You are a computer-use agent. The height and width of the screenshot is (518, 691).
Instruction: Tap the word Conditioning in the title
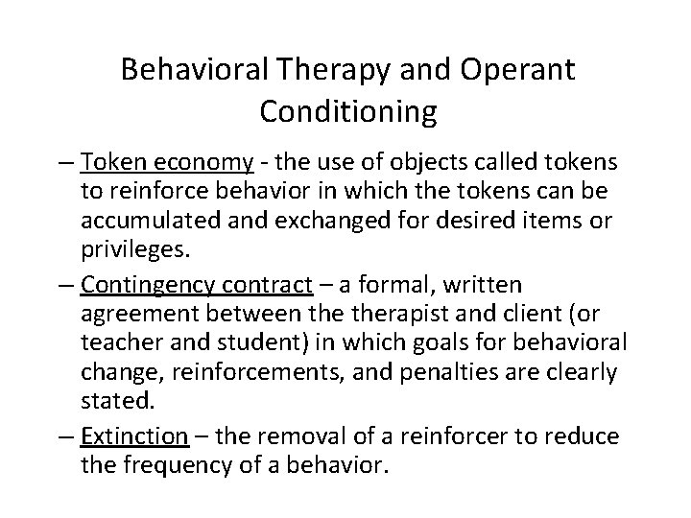(347, 112)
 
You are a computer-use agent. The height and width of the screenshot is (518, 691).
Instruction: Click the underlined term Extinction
(134, 437)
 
